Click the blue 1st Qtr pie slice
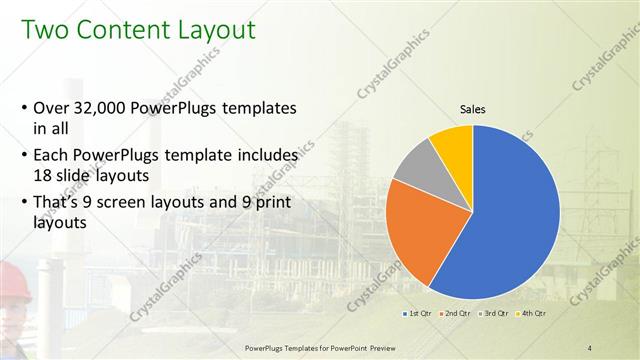[510, 220]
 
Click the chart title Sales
[473, 109]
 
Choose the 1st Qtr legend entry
[419, 314]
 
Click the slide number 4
[590, 347]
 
